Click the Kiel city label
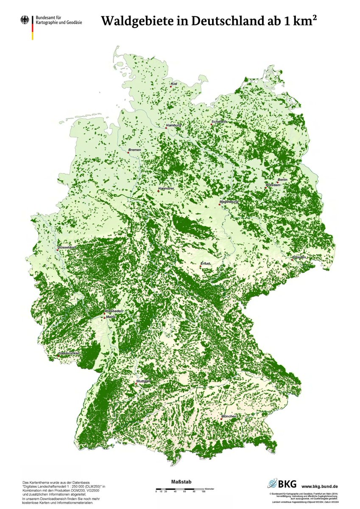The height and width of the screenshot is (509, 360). tap(174, 84)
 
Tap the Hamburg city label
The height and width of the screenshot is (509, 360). tap(174, 125)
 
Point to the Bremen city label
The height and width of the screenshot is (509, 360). tap(134, 150)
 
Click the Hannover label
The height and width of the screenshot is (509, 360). tap(166, 188)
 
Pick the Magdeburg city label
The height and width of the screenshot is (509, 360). tap(229, 201)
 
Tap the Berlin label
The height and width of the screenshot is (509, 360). tap(283, 180)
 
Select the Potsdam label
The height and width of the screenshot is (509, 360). tap(273, 185)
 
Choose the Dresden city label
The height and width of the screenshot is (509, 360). tap(299, 257)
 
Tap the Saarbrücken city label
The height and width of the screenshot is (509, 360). tap(70, 353)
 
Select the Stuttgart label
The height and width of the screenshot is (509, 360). tap(143, 381)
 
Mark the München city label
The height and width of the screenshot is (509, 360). tap(229, 416)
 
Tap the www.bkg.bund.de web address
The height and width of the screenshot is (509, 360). tap(320, 486)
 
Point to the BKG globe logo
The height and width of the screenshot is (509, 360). tap(272, 484)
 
